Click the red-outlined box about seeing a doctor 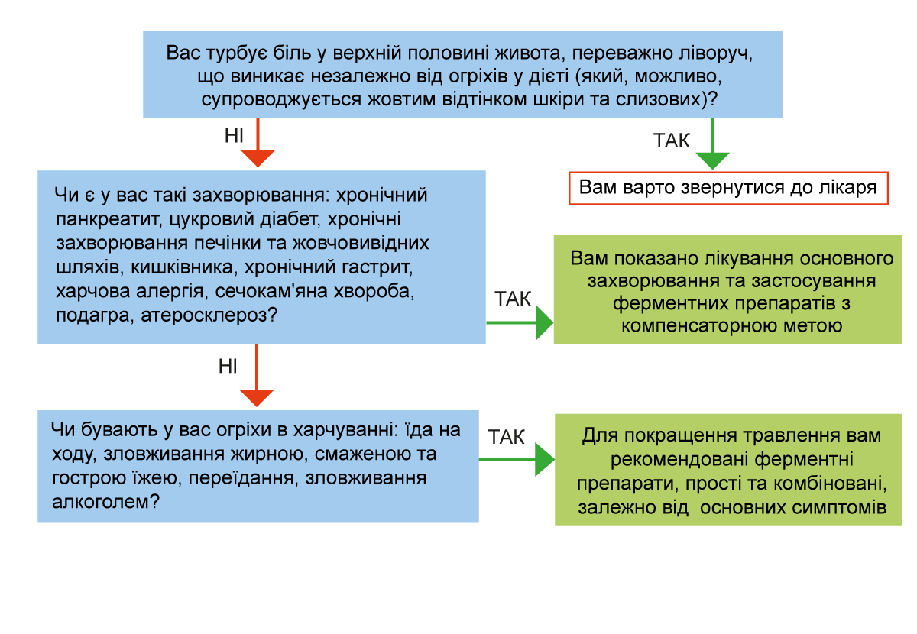(x=728, y=188)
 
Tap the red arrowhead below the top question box (x=258, y=158)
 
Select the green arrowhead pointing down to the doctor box (x=713, y=161)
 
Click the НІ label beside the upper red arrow (x=234, y=135)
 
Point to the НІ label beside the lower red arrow (x=228, y=367)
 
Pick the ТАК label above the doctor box (x=671, y=141)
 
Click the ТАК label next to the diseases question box (x=513, y=299)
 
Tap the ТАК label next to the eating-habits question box (x=506, y=437)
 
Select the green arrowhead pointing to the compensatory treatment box (x=545, y=323)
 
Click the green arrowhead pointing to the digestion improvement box (x=545, y=460)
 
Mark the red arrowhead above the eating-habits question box (x=257, y=398)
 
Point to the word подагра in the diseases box (x=93, y=316)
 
